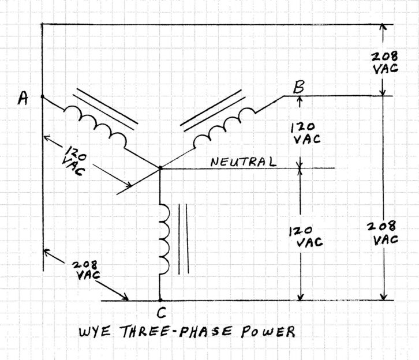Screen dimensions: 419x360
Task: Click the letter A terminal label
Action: click(x=23, y=98)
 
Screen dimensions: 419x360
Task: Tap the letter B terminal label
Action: click(x=298, y=87)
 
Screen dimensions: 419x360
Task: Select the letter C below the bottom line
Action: click(x=162, y=313)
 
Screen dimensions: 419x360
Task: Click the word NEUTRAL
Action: click(x=243, y=162)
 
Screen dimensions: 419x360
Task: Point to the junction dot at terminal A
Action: click(x=42, y=96)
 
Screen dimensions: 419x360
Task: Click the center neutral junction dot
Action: click(x=160, y=168)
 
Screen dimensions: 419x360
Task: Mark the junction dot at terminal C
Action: click(x=160, y=301)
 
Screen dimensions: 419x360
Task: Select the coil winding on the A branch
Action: click(x=95, y=126)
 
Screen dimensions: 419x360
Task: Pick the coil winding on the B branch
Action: click(x=224, y=127)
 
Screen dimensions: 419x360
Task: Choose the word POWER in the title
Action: click(x=268, y=331)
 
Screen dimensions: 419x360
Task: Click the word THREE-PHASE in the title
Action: click(x=177, y=331)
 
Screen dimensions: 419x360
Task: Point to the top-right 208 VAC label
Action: click(x=385, y=62)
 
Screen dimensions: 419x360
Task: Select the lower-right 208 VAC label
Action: click(x=383, y=233)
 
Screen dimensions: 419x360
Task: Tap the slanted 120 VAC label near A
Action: click(x=74, y=160)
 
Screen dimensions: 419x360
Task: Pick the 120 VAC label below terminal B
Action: click(x=306, y=133)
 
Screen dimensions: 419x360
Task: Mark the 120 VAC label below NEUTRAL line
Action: click(x=306, y=237)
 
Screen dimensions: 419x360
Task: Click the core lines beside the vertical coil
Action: click(x=184, y=239)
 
